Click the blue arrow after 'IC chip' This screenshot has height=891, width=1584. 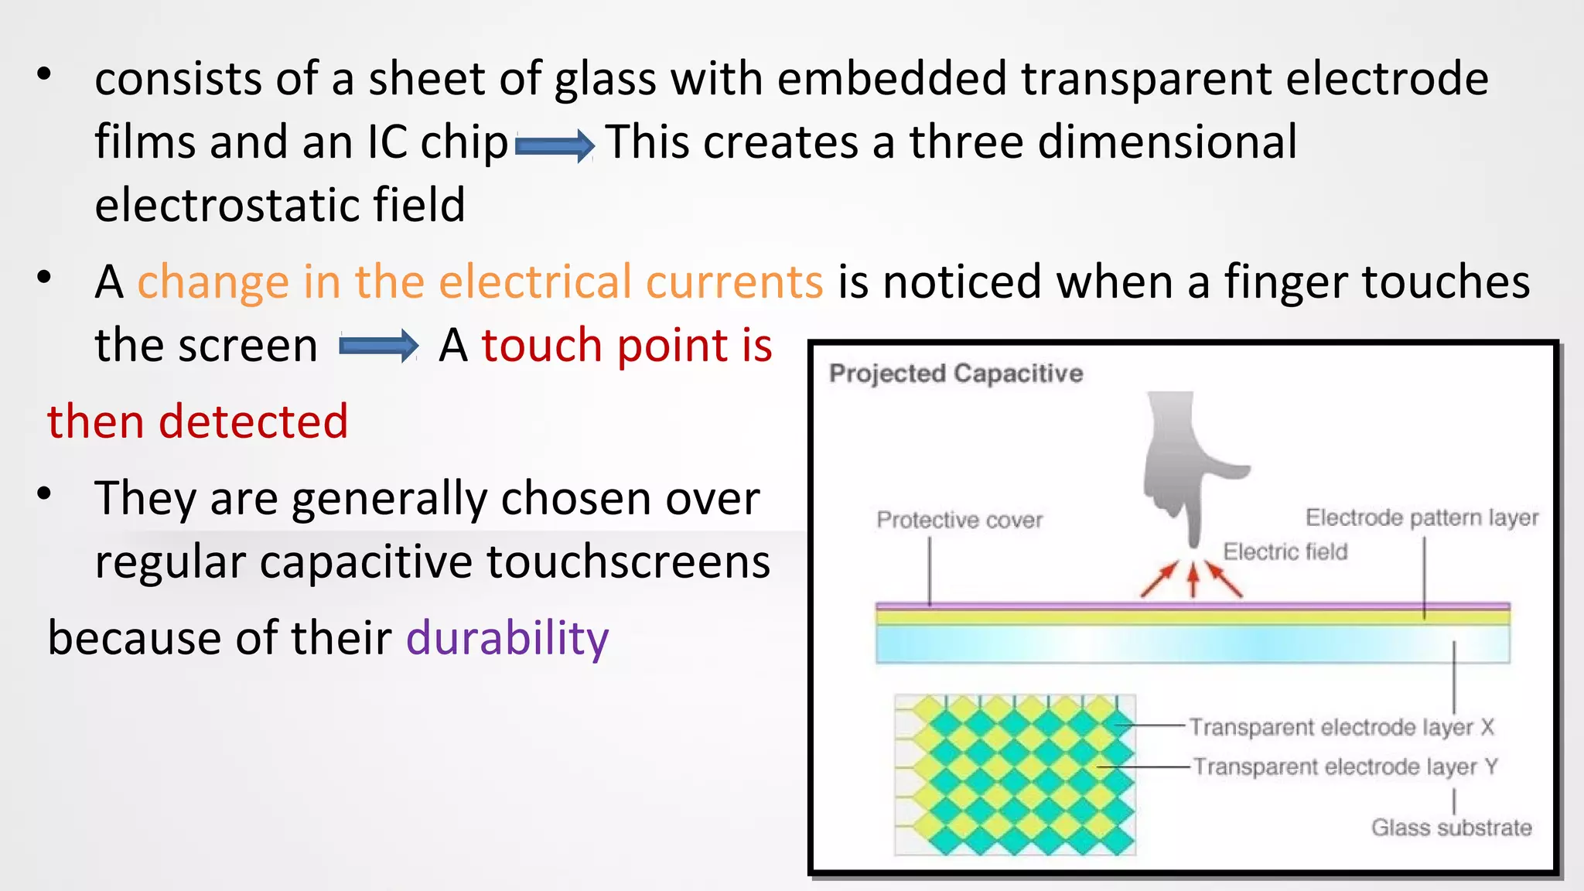(555, 145)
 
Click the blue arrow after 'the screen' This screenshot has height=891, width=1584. (379, 346)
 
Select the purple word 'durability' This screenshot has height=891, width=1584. (507, 639)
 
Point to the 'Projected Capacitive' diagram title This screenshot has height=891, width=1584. (955, 374)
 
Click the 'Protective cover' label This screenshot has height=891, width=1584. (959, 520)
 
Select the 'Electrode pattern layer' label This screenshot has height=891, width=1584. (1422, 517)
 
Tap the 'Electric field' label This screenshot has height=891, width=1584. (1285, 551)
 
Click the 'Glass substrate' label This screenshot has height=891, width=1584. (1451, 828)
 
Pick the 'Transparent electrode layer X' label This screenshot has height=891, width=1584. (1341, 727)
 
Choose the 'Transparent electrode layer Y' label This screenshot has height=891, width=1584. (1345, 766)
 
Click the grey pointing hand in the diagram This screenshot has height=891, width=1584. (1183, 464)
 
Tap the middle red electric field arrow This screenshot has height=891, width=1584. (1193, 579)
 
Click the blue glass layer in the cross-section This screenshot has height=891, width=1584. (1191, 644)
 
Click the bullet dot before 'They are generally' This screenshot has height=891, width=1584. (44, 493)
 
